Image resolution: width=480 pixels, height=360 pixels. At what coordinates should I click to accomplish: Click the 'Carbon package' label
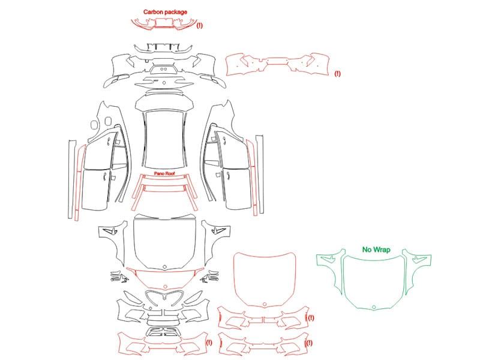tap(165, 12)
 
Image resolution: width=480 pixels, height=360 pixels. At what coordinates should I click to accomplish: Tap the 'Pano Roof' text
tap(164, 173)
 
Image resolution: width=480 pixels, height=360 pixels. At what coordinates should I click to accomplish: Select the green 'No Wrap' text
tap(376, 250)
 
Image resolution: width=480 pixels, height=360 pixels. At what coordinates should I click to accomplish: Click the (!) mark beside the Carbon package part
tap(200, 25)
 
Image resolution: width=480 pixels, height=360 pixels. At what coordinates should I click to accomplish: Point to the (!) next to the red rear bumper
tap(337, 73)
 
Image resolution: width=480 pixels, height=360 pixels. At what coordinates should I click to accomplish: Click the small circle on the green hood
tap(374, 307)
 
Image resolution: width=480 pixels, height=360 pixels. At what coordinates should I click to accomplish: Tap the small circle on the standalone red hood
tap(265, 304)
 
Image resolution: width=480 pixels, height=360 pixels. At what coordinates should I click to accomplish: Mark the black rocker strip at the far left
tap(72, 179)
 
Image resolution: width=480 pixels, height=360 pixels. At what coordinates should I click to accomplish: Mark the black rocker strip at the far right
tap(260, 174)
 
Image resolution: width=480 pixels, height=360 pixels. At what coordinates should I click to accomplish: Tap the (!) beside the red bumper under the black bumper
tap(209, 343)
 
